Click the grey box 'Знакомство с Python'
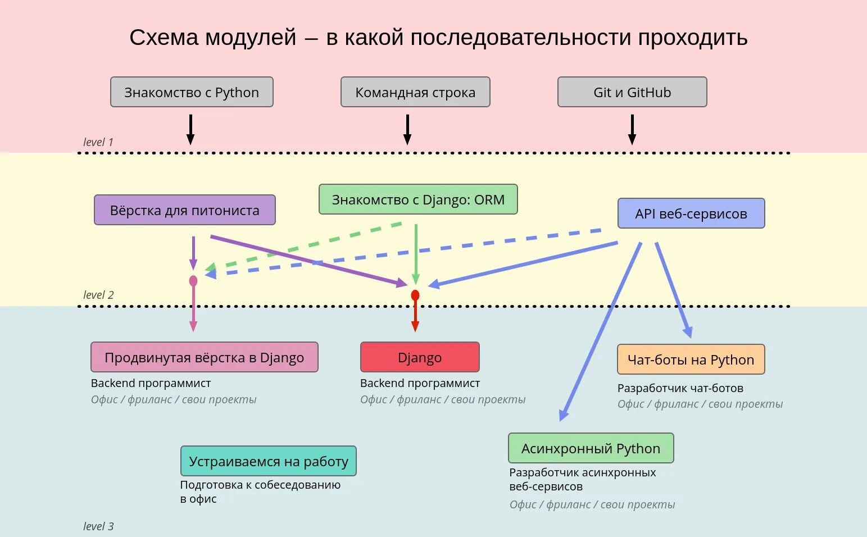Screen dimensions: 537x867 [192, 92]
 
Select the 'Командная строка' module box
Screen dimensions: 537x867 [415, 92]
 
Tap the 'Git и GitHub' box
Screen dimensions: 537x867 [632, 92]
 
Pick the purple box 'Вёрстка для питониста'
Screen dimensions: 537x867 [185, 210]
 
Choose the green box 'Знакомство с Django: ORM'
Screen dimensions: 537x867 [418, 199]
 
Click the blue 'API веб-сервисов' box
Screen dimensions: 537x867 [691, 213]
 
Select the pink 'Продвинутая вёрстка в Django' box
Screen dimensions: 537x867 [205, 357]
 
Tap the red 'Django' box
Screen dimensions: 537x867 [420, 357]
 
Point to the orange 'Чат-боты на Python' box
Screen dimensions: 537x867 [691, 359]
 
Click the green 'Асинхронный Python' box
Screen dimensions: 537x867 [591, 448]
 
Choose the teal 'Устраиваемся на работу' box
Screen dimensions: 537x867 [269, 461]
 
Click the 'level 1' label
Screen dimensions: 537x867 [98, 142]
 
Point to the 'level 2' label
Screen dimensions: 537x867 [98, 295]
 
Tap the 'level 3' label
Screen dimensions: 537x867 [98, 526]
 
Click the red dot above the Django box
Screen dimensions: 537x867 [415, 295]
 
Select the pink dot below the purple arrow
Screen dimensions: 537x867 [193, 281]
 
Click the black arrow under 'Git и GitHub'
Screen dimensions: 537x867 [632, 130]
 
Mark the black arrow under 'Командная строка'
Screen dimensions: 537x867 [407, 130]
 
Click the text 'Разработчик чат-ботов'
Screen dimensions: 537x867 [680, 388]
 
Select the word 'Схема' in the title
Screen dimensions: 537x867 [164, 38]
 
